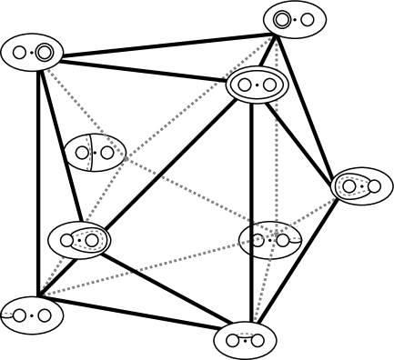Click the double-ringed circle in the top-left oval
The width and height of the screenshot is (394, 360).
click(x=44, y=53)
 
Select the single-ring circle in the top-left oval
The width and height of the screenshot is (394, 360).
click(x=19, y=53)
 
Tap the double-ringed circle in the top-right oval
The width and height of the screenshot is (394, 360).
click(x=282, y=19)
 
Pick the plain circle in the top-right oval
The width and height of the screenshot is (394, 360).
click(x=308, y=19)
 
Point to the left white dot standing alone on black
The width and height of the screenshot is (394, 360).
click(x=82, y=153)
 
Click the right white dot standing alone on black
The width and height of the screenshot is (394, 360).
click(x=107, y=153)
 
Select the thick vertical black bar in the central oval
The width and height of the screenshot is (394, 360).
click(x=252, y=241)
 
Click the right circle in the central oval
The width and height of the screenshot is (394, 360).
click(x=283, y=241)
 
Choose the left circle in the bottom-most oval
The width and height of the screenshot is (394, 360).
click(x=233, y=341)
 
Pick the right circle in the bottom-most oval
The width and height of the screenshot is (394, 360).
click(x=258, y=341)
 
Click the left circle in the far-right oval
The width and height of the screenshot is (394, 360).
click(x=349, y=186)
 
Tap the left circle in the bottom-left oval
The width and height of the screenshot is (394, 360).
click(x=19, y=316)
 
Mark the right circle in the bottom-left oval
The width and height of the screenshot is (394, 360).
click(x=44, y=316)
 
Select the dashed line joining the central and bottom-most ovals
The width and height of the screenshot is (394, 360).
click(x=263, y=291)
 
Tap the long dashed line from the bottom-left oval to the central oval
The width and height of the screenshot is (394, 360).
click(x=136, y=270)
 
